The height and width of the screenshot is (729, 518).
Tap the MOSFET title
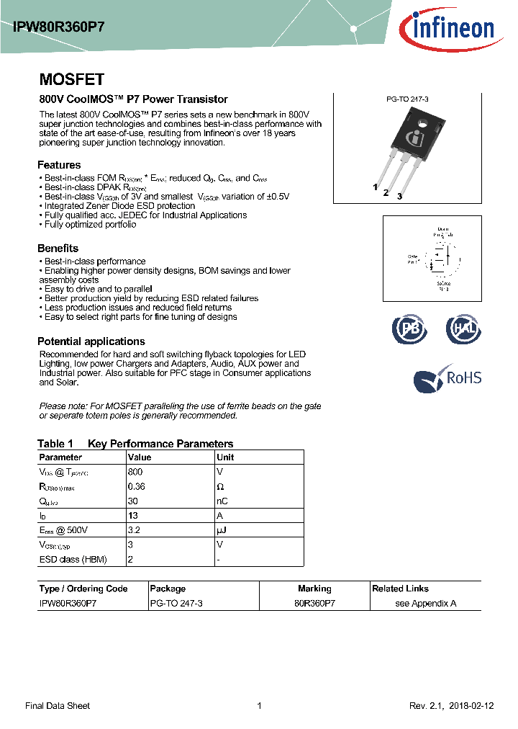click(x=71, y=80)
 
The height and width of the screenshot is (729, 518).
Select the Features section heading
click(x=59, y=164)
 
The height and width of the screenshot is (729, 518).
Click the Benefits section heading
click(x=58, y=249)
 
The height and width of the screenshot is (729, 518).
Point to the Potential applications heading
click(x=91, y=341)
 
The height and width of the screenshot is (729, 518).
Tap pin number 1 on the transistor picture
click(x=375, y=187)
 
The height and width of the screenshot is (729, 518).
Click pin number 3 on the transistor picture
click(x=399, y=196)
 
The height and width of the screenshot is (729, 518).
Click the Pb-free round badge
click(x=409, y=328)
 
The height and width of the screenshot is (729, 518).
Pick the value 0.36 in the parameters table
click(x=136, y=487)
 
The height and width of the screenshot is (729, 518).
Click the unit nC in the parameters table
click(x=222, y=501)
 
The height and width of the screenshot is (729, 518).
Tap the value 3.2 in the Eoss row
click(x=133, y=530)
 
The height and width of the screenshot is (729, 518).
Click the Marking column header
click(x=314, y=589)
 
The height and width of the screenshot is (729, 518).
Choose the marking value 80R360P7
click(x=314, y=604)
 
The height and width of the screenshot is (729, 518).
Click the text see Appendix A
click(x=425, y=604)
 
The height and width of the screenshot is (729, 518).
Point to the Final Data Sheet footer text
click(x=58, y=706)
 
